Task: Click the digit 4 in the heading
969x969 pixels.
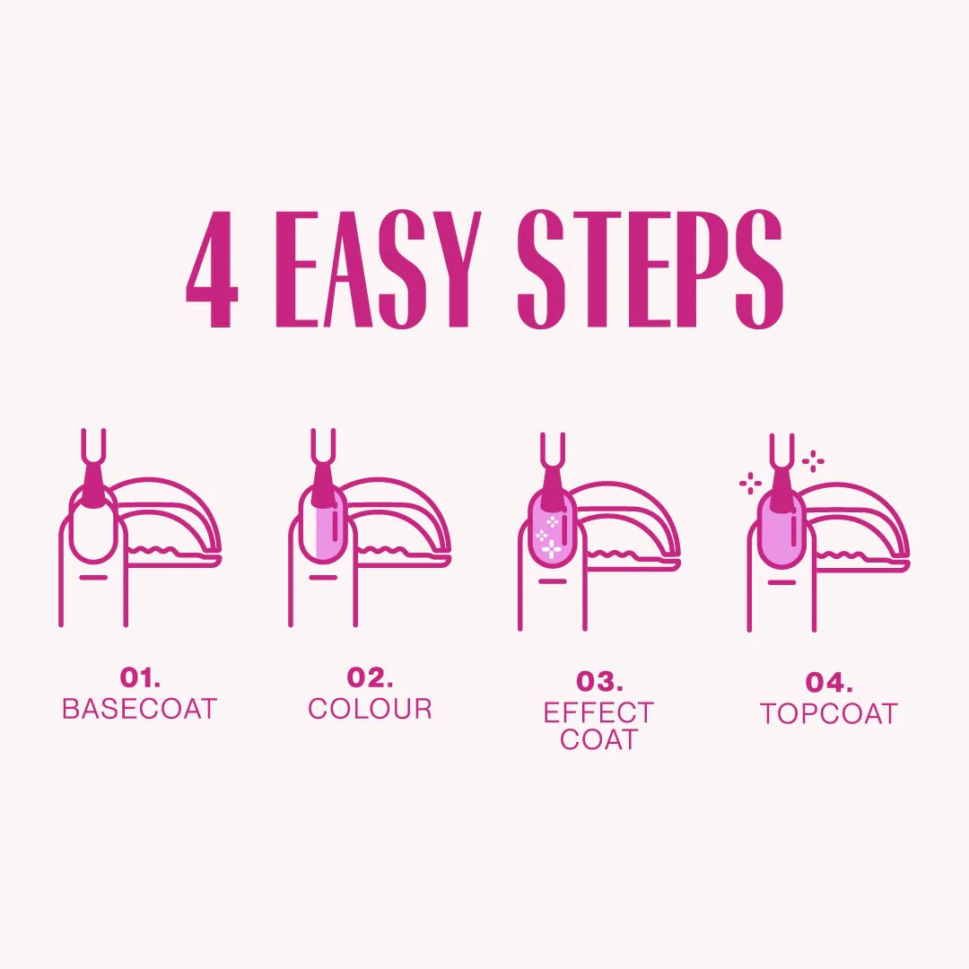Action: point(212,269)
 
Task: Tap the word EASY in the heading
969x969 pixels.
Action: point(377,269)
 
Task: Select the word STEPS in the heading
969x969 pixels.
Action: point(650,269)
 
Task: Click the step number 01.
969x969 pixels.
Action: point(140,677)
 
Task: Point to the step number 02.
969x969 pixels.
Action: point(370,677)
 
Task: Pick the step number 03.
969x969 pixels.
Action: point(599,682)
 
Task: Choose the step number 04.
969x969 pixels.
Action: point(828,683)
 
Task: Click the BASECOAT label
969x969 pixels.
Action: point(140,709)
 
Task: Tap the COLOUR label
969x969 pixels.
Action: point(370,709)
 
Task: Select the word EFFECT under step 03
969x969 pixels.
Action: point(599,713)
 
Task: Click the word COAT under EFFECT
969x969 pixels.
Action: point(599,740)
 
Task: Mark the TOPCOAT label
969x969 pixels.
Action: point(828,714)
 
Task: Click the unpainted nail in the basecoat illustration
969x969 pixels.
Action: point(93,532)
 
